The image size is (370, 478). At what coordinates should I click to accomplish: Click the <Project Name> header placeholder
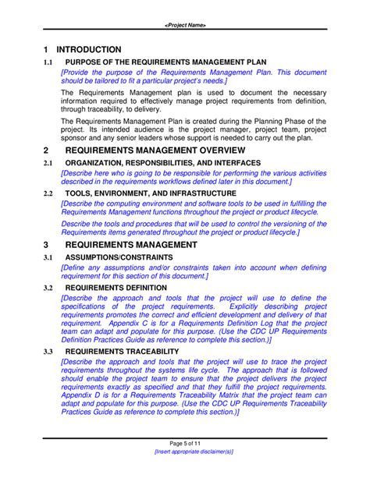coord(185,25)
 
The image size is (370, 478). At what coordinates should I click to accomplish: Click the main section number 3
coord(46,243)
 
